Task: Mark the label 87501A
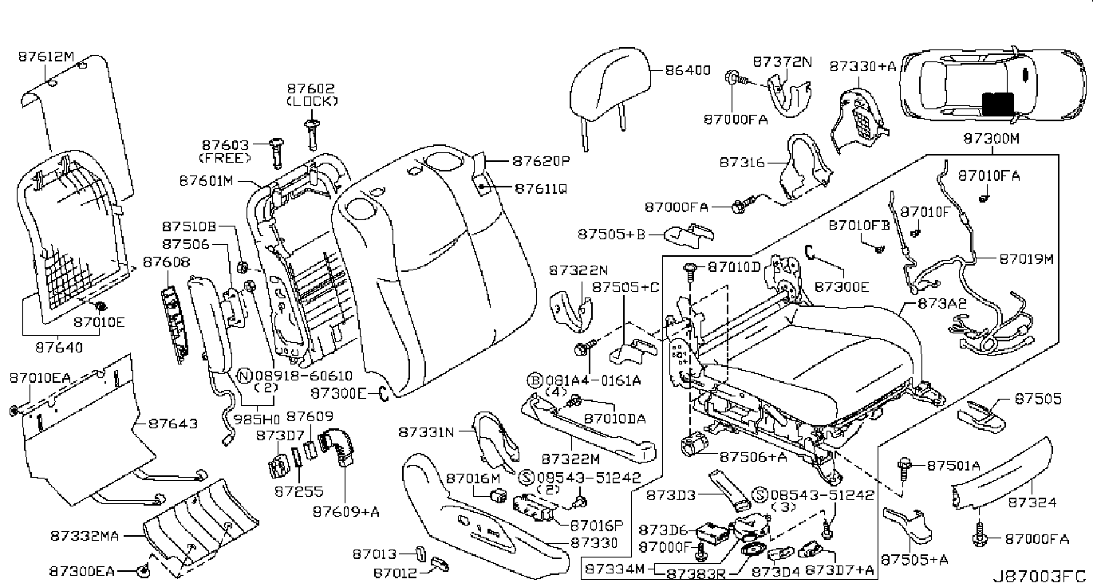pyautogui.click(x=945, y=465)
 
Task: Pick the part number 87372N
pyautogui.click(x=781, y=61)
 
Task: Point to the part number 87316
pyautogui.click(x=742, y=162)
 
